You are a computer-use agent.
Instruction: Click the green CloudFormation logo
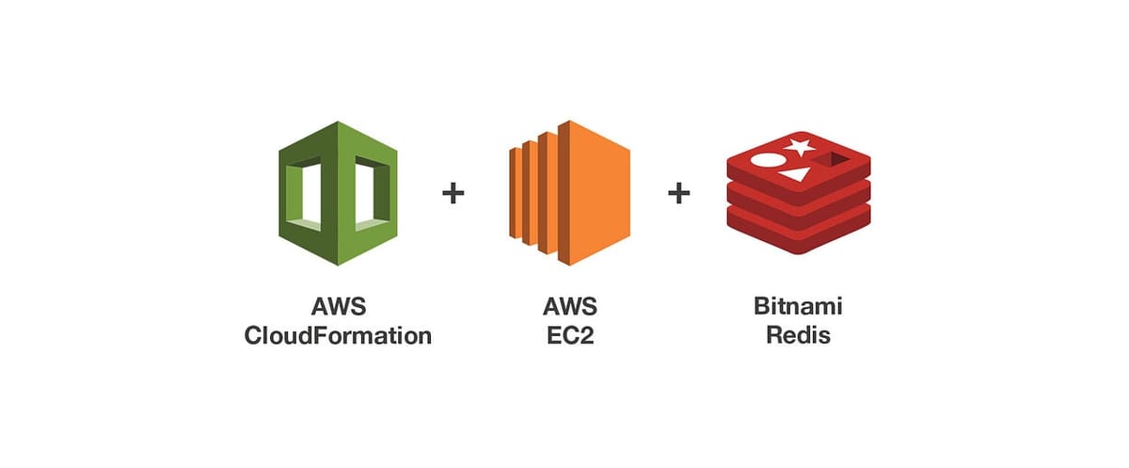pos(338,193)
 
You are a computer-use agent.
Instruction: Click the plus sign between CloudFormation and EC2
pos(453,194)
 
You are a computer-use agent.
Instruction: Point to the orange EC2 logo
pos(568,192)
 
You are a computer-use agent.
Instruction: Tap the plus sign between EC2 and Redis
pos(678,194)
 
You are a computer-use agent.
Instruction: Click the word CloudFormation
pos(338,335)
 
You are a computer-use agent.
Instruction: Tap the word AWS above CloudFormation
pos(338,307)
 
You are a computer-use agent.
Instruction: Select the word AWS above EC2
pos(569,307)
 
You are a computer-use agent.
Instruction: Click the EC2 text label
pos(569,335)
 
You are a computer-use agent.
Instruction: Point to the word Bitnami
pos(798,307)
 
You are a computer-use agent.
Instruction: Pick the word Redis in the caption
pos(798,335)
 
